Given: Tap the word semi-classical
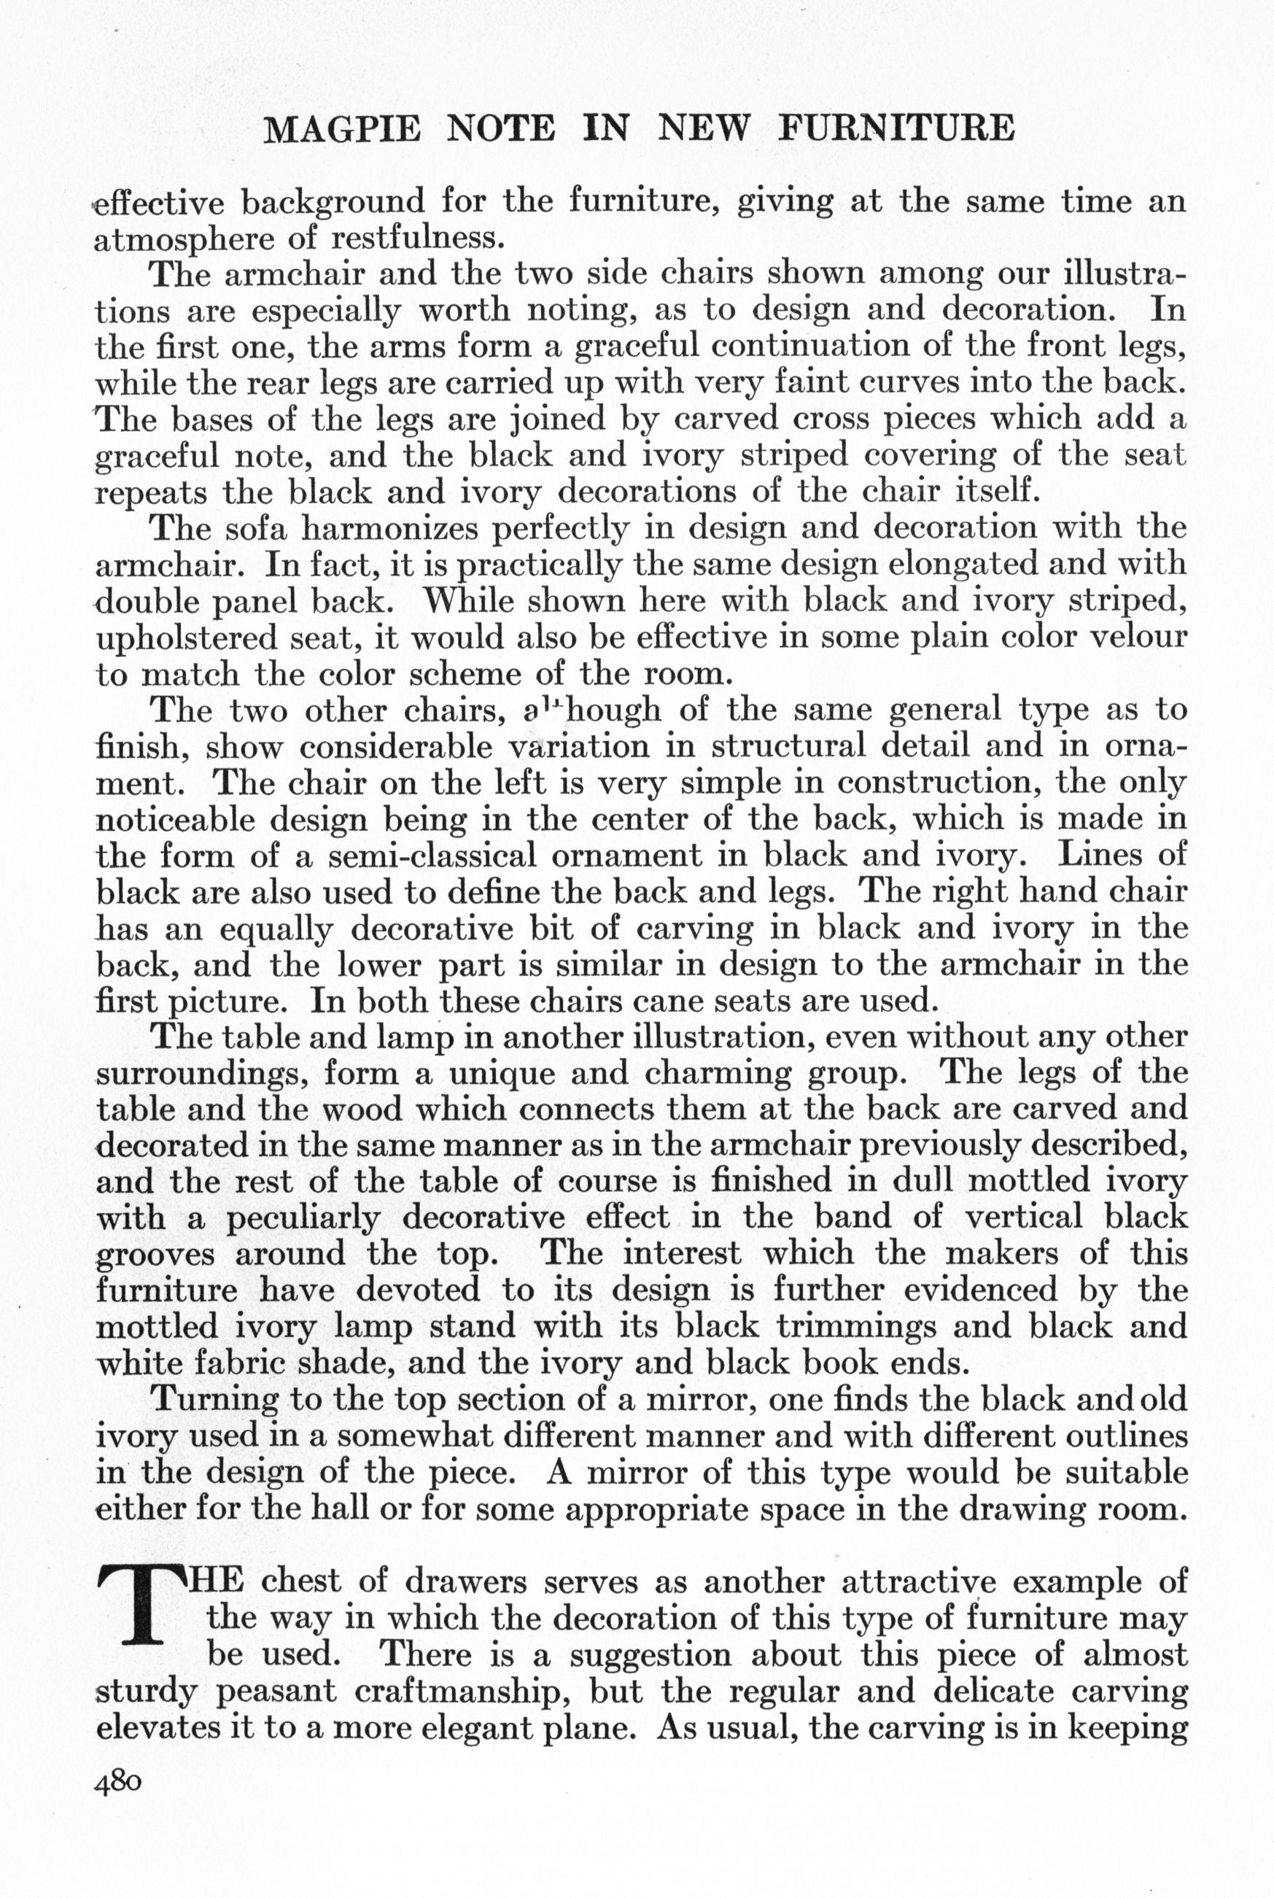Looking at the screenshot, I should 432,856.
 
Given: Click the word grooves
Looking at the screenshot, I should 155,1255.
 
